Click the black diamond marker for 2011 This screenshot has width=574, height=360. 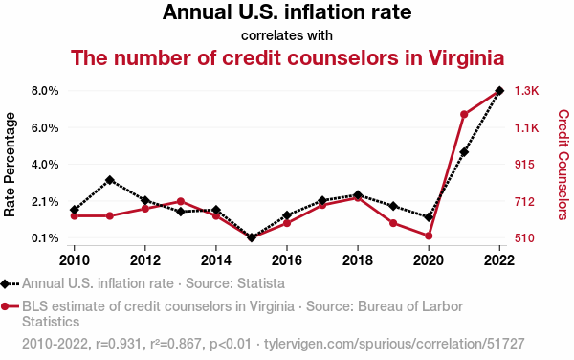click(x=110, y=180)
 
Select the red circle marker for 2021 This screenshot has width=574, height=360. click(x=464, y=115)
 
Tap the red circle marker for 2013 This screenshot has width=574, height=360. click(x=181, y=201)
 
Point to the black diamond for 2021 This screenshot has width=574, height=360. click(x=464, y=152)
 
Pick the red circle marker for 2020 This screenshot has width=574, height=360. click(x=429, y=236)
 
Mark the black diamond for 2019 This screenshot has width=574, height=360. click(x=393, y=206)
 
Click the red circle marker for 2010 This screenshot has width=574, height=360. click(x=75, y=216)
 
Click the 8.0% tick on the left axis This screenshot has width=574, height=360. click(x=45, y=90)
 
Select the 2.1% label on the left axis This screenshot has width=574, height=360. click(x=45, y=202)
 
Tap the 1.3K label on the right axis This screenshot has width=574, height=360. click(x=527, y=90)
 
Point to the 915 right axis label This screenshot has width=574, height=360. click(x=524, y=165)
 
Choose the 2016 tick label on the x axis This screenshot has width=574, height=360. click(x=287, y=260)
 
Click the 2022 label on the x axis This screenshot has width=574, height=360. click(x=499, y=260)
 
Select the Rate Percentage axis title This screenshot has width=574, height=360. click(x=10, y=165)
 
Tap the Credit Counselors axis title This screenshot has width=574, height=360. click(x=563, y=165)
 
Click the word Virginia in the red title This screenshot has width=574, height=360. click(x=466, y=58)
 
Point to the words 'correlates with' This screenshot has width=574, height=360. click(x=287, y=35)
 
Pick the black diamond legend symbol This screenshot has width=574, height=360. click(x=5, y=283)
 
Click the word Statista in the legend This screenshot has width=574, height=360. click(x=261, y=283)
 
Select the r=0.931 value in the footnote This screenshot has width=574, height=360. click(x=119, y=344)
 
